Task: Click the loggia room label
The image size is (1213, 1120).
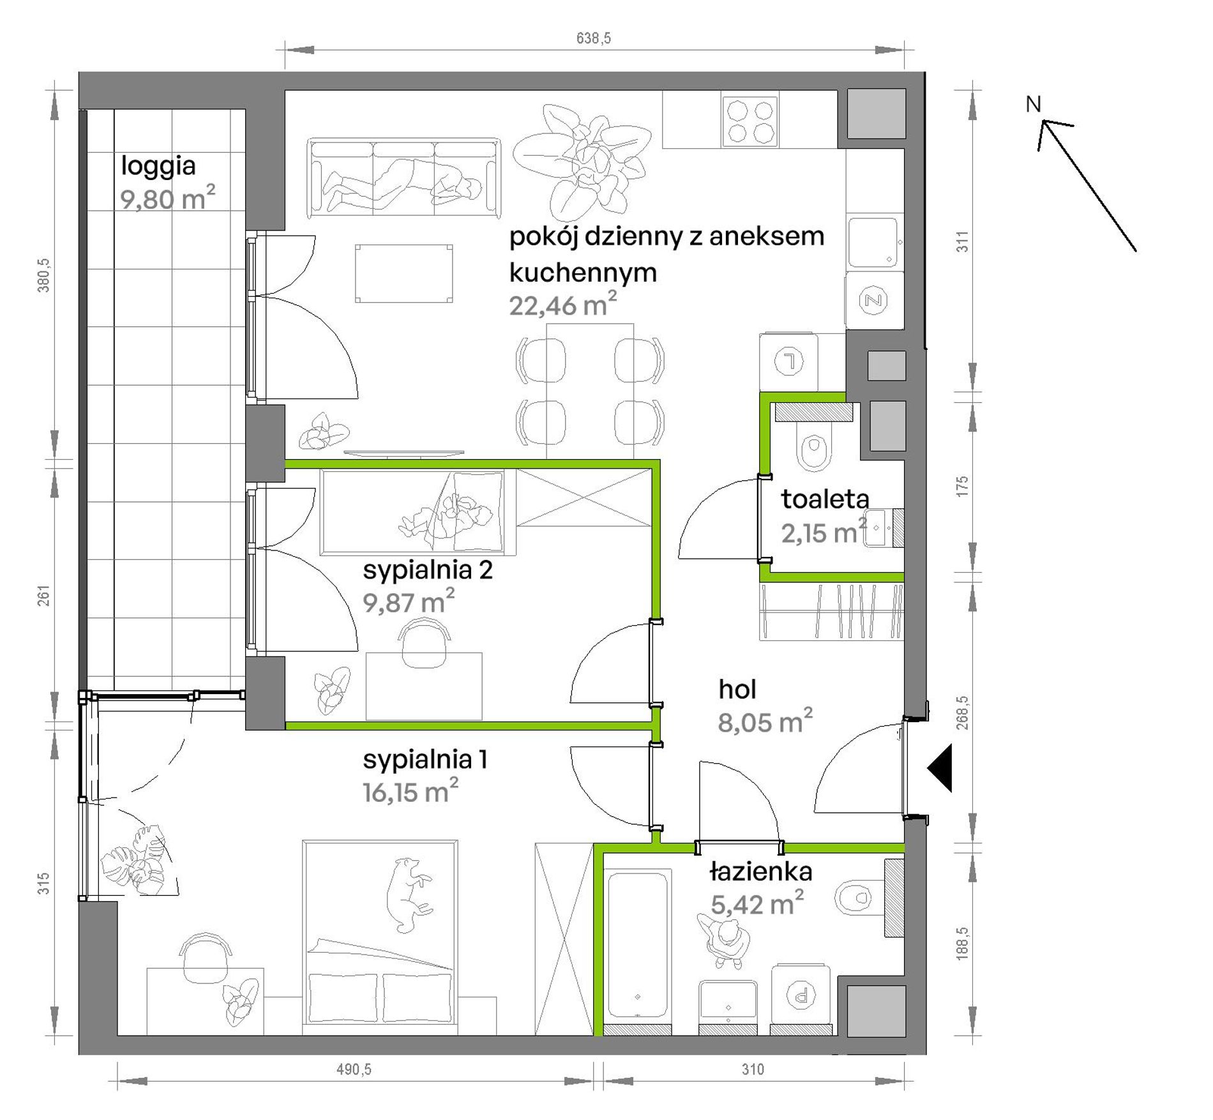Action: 158,167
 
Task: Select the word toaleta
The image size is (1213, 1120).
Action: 825,499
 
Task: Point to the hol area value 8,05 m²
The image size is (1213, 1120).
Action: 765,722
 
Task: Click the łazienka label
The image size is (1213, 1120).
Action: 761,872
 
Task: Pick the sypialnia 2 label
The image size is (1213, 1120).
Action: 428,570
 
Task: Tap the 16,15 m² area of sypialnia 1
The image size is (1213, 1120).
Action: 410,792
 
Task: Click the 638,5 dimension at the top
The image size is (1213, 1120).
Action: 593,38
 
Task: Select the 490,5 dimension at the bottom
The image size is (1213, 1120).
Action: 354,1069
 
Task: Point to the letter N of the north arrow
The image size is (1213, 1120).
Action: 1033,104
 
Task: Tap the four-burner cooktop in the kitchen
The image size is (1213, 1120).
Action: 750,121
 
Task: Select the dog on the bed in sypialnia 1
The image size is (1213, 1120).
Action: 409,895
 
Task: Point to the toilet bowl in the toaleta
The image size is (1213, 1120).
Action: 814,451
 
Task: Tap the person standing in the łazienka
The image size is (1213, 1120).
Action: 724,938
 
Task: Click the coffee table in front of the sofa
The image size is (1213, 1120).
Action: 403,273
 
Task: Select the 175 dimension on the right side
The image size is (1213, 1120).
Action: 963,487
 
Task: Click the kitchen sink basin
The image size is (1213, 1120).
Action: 873,241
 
